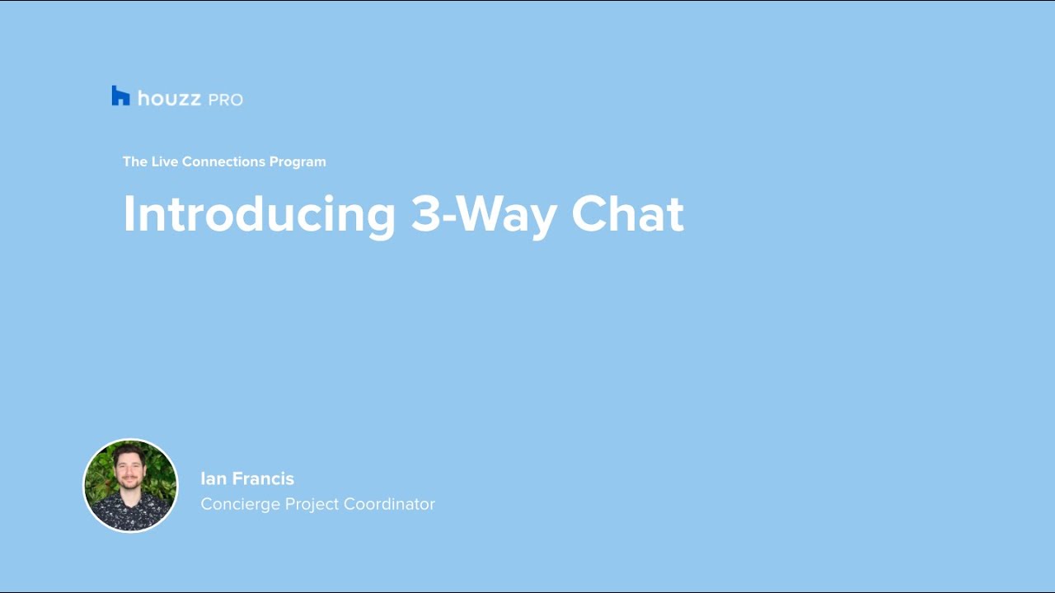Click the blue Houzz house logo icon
pos(120,96)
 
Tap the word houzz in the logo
pos(169,98)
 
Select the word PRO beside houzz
pos(226,100)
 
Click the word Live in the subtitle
pos(164,161)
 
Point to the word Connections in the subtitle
pos(223,161)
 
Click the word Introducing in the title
pos(259,215)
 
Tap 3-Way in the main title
pos(484,215)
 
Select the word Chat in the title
pos(627,213)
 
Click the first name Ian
pos(214,479)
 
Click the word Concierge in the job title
pos(240,505)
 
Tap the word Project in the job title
pos(312,505)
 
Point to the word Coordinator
pos(389,504)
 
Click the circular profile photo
pos(130,486)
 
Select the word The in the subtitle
pos(135,161)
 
